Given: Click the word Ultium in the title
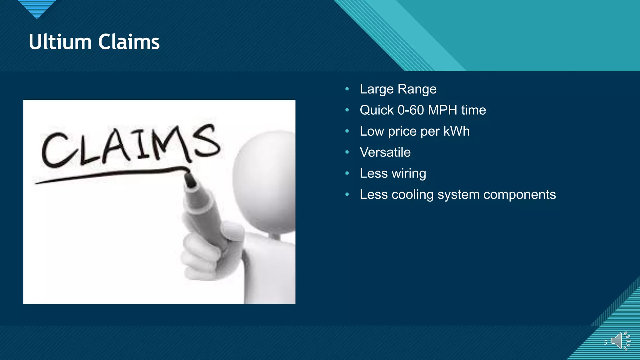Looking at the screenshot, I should [60, 42].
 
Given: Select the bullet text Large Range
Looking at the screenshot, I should [398, 89].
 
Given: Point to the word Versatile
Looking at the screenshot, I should [385, 152].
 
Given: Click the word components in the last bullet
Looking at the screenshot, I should [519, 194].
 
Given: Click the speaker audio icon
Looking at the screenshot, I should [620, 341].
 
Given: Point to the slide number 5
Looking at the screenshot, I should [605, 342].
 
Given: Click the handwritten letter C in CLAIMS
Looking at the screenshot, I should [56, 150].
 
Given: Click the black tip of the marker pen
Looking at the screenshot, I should [190, 181].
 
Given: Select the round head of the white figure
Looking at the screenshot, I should [266, 181].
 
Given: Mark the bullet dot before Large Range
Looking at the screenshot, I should [347, 89].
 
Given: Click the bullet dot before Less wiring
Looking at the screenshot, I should [347, 173].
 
